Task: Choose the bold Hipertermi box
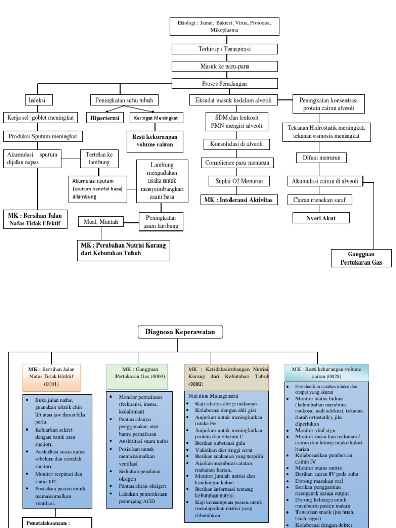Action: pos(105,118)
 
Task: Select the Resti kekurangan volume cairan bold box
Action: pos(154,141)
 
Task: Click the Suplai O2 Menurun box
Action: pos(236,181)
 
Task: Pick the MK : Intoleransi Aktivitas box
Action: pos(239,200)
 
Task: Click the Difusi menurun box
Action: pos(321,158)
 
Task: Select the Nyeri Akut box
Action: pos(321,218)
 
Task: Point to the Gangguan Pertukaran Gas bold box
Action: pos(361,258)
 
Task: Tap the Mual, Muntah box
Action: pos(102,222)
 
